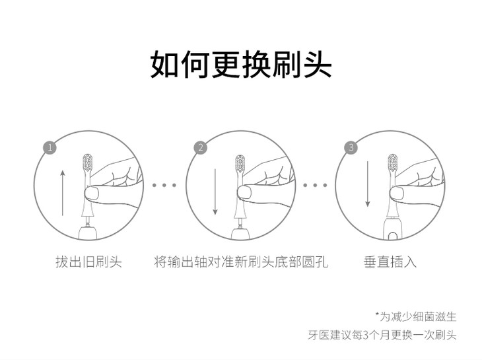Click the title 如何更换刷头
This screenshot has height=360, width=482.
tap(241, 64)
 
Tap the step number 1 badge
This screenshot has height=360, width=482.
tap(50, 148)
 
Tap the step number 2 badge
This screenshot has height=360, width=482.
tap(201, 148)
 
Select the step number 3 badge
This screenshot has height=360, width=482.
tap(351, 147)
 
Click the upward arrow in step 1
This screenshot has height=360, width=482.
tap(63, 193)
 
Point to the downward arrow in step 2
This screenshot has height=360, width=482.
tap(215, 191)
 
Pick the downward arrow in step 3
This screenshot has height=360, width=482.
tap(367, 184)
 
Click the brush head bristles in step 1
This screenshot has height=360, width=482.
tap(88, 163)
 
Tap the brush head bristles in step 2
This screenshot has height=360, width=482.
tap(240, 163)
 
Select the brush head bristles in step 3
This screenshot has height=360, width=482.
tap(393, 162)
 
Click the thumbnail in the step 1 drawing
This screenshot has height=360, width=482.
tap(92, 194)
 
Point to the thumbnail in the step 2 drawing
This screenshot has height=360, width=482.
tap(244, 193)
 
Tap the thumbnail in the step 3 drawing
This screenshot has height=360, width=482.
tap(397, 194)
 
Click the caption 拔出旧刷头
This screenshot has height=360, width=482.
tap(88, 262)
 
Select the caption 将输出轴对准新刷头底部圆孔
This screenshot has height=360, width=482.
tap(241, 262)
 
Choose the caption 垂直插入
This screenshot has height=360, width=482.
tap(390, 262)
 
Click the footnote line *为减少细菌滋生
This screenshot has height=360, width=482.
tap(415, 316)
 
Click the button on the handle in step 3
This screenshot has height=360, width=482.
tap(392, 236)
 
